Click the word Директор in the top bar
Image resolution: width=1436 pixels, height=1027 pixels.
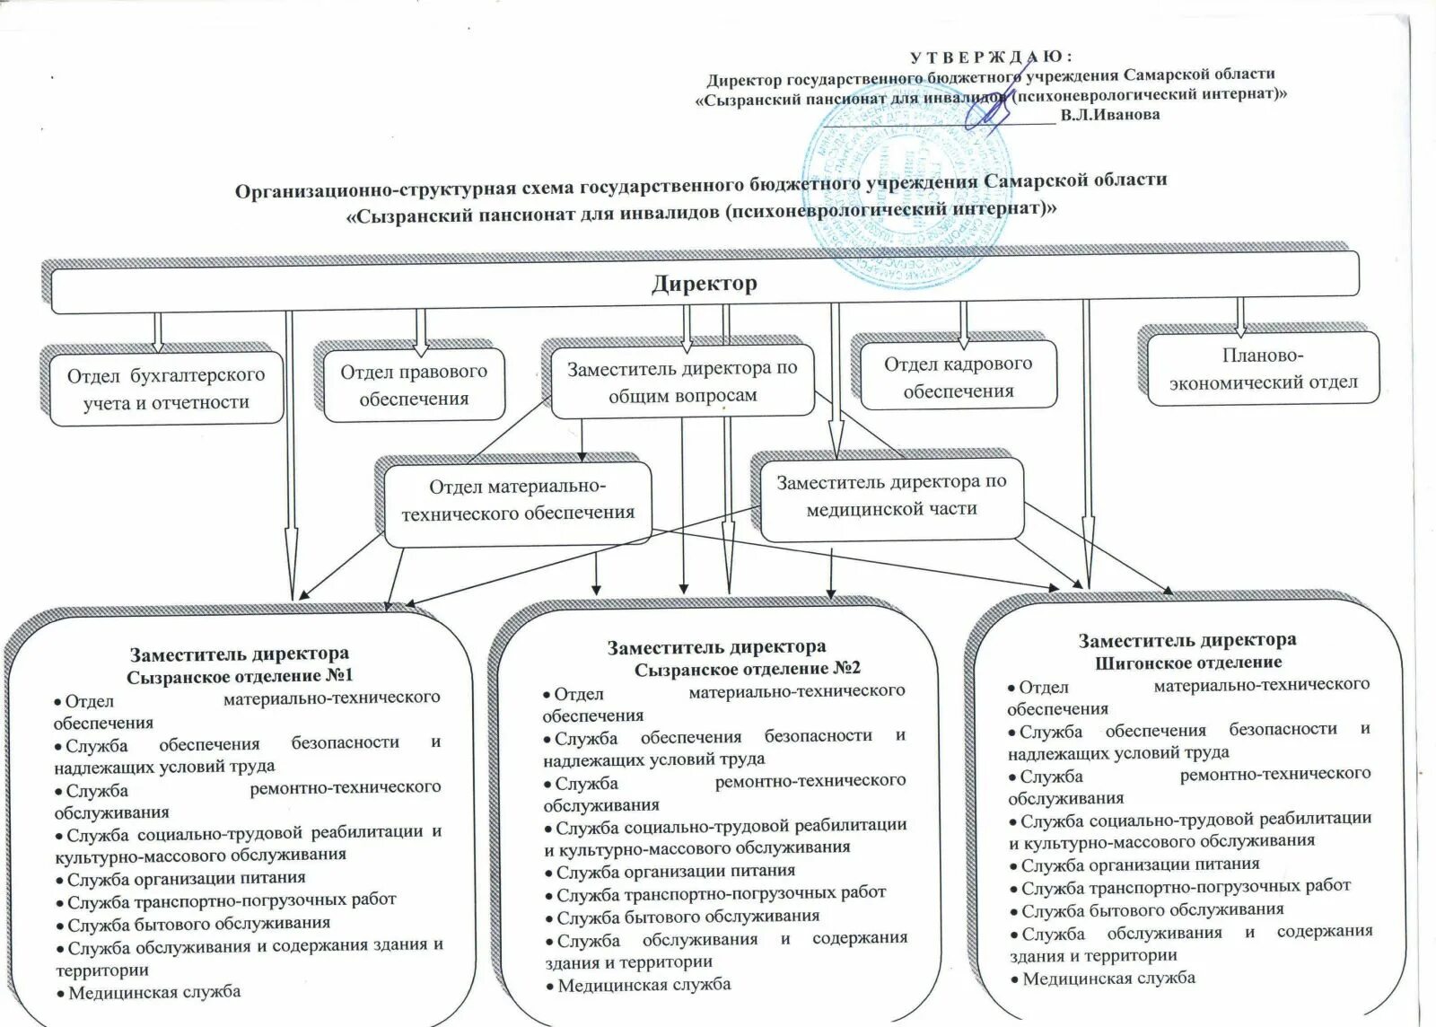coord(705,284)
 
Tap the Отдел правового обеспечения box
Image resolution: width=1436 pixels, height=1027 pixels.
coord(414,385)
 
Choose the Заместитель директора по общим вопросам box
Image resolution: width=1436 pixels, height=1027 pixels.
coord(682,382)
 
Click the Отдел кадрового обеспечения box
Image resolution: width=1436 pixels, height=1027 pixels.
coord(958,377)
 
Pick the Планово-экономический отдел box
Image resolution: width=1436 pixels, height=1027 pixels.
coord(1263,369)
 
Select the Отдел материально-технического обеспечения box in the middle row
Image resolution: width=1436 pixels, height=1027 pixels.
coord(518,500)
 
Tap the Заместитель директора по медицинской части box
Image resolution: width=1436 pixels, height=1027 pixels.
coord(891,496)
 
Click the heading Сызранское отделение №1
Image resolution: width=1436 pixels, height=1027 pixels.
coord(240,676)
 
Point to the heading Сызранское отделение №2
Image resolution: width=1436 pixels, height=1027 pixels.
coord(747,669)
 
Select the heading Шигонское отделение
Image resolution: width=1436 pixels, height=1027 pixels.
coord(1188,663)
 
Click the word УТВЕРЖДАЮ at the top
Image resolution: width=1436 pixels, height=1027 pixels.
coord(991,57)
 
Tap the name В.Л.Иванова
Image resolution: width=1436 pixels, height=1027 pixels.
coord(1109,115)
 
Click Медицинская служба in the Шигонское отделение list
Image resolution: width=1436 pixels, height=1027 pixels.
coord(1108,979)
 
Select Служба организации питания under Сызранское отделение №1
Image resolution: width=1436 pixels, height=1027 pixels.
coord(186,879)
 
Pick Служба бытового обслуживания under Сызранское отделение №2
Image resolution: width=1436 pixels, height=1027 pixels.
coord(687,917)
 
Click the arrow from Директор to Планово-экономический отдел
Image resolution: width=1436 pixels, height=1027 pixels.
coord(1240,316)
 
